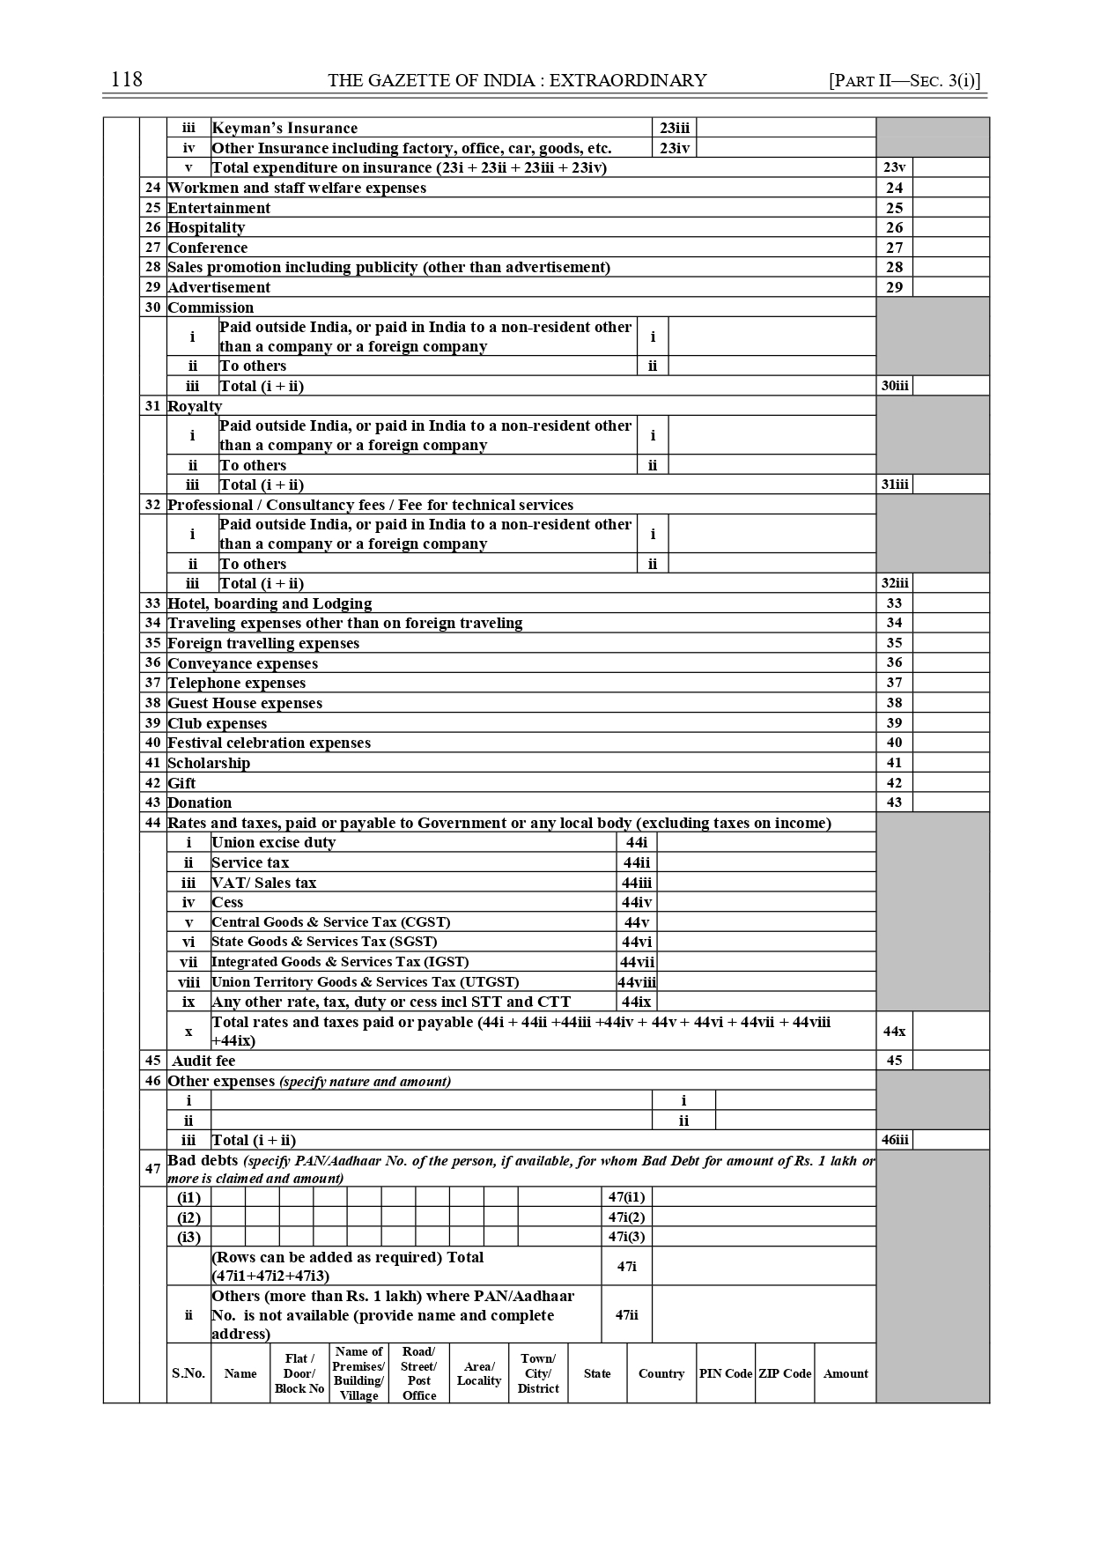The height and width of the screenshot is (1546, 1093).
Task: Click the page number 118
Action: (x=127, y=80)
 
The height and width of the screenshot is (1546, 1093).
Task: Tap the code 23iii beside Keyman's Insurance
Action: (x=675, y=128)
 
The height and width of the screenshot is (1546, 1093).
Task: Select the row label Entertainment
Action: (x=218, y=208)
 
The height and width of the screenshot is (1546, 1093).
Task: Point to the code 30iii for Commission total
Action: (x=895, y=386)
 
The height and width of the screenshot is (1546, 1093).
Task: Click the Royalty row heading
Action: (x=195, y=406)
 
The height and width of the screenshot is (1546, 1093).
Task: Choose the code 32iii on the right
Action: (x=895, y=583)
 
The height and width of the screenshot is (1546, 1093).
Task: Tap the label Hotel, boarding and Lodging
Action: (x=270, y=603)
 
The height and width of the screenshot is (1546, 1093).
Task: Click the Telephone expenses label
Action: (x=236, y=683)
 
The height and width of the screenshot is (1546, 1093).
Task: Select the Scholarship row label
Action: (x=209, y=763)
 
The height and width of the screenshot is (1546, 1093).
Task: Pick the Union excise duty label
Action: (x=273, y=842)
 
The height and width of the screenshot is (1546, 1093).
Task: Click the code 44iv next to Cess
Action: (x=636, y=902)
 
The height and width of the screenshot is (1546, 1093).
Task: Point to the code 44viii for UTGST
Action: (x=636, y=982)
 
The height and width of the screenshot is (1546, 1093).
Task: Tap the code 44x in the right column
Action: (x=894, y=1031)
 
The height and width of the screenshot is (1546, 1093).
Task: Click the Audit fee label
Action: (x=203, y=1061)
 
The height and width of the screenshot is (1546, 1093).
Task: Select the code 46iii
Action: (x=895, y=1140)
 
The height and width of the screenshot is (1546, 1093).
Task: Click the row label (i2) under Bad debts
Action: (x=188, y=1217)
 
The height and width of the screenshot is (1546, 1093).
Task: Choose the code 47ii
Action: (x=626, y=1314)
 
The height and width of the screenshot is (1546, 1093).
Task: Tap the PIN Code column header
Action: (x=726, y=1373)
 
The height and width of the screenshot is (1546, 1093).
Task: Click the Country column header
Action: (x=661, y=1373)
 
